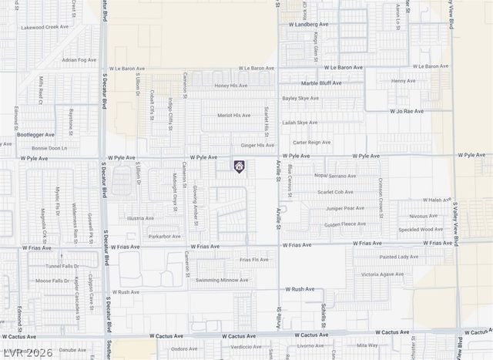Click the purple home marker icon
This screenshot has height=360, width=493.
(239, 166)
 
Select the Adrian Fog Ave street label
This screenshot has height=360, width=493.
(80, 59)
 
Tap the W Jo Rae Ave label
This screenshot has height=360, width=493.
(406, 111)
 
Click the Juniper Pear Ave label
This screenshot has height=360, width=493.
(345, 207)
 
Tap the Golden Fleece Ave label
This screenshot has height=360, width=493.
(344, 224)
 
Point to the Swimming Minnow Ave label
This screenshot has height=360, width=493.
(222, 280)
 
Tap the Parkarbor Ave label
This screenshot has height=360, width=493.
(165, 236)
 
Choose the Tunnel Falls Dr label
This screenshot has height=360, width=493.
(61, 265)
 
